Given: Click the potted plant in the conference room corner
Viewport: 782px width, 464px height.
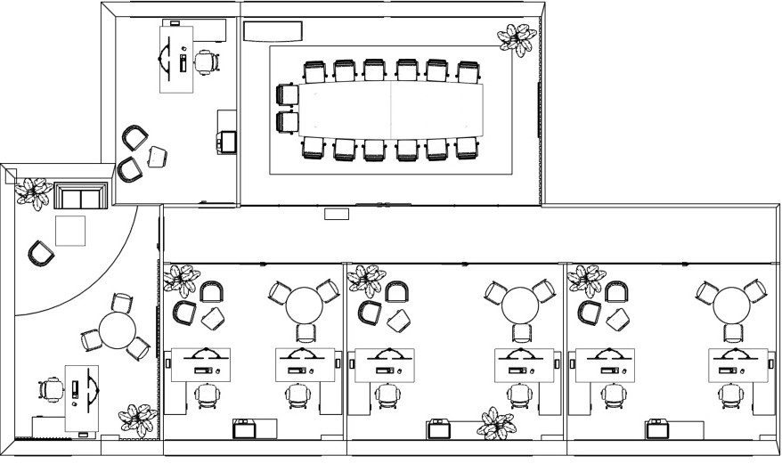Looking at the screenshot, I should click(517, 39).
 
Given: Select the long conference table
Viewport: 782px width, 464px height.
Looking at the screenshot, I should click(392, 108).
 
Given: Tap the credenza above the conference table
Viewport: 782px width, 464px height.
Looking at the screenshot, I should click(273, 31).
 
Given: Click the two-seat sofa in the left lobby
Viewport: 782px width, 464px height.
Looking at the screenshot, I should click(80, 196).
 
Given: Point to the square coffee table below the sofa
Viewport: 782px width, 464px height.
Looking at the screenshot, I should click(71, 230).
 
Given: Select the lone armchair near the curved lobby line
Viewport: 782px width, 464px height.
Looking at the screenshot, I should click(40, 254).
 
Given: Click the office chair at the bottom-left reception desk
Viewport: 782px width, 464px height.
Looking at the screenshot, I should click(53, 389).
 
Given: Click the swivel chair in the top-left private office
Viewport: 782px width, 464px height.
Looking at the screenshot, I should click(206, 61).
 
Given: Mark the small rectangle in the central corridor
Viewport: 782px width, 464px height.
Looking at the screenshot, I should click(336, 214).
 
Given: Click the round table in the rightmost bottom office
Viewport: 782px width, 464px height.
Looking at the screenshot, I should click(733, 305).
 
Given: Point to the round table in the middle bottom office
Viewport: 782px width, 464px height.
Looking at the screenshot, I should click(519, 305).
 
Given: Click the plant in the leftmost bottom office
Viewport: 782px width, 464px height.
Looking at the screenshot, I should click(181, 281).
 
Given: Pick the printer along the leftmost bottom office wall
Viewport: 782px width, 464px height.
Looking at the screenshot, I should click(244, 429).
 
